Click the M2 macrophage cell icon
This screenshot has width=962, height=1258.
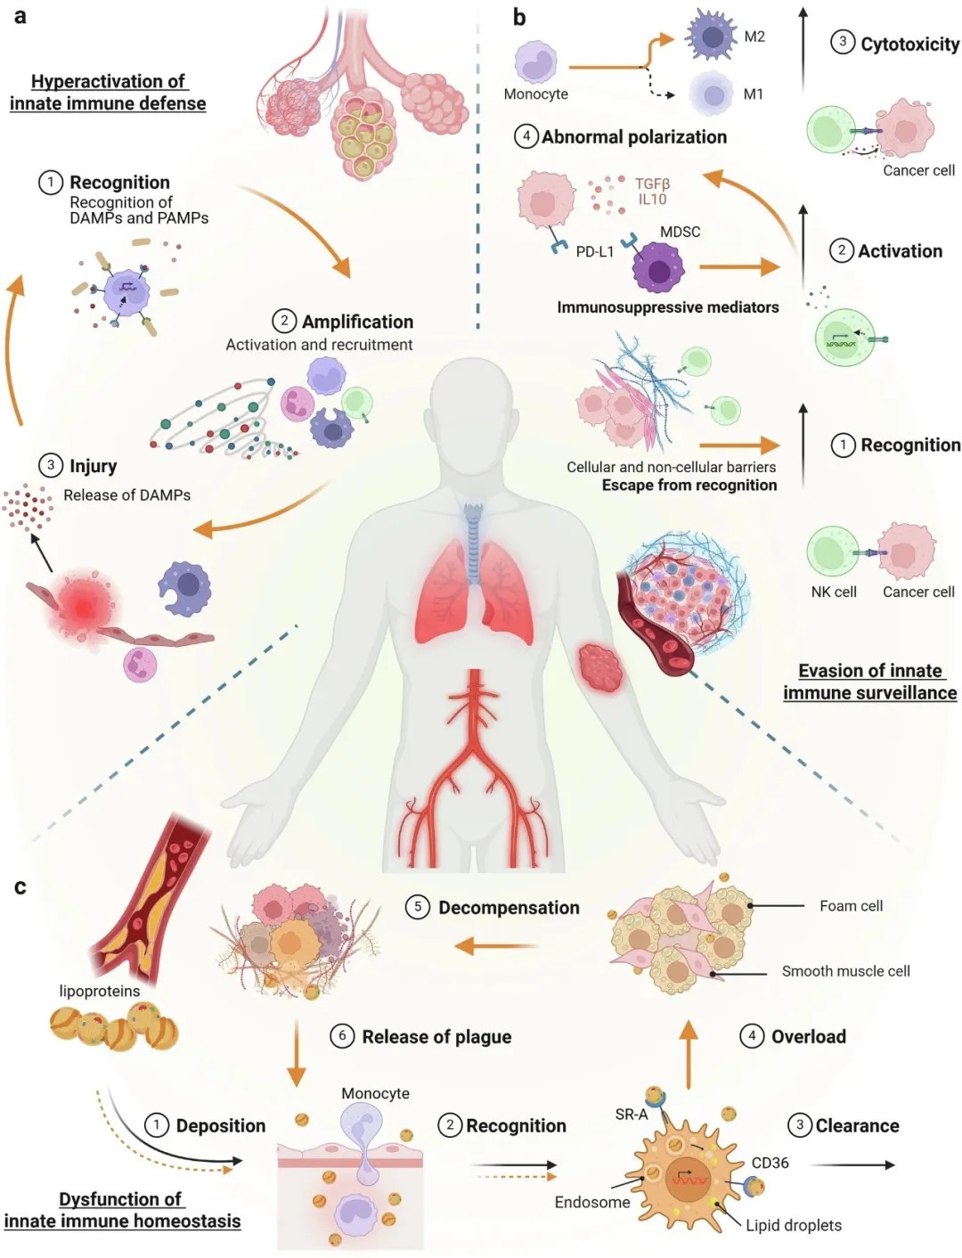click(712, 37)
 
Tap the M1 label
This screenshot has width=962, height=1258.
click(753, 94)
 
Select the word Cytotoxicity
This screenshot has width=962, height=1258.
click(909, 45)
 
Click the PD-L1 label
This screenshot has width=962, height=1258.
click(595, 251)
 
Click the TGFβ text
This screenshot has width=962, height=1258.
click(652, 184)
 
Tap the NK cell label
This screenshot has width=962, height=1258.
click(834, 592)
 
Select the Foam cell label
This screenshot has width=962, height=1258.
click(851, 905)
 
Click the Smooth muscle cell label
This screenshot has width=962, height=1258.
click(845, 971)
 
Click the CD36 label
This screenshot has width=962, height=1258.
click(770, 1163)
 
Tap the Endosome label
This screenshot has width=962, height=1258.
click(592, 1202)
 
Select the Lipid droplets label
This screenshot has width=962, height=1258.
click(794, 1225)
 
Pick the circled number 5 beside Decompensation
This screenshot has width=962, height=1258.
click(418, 907)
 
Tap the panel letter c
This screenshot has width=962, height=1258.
click(20, 886)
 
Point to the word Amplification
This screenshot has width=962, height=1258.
click(357, 322)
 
